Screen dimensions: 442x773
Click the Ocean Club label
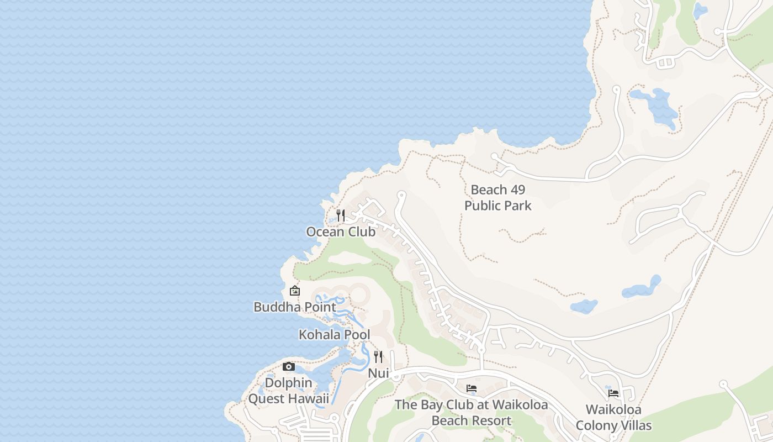point(341,232)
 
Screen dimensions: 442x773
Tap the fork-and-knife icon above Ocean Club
point(341,215)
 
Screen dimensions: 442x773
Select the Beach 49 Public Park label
point(497,198)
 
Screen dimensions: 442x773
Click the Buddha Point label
point(294,307)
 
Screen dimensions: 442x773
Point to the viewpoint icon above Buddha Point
point(295,290)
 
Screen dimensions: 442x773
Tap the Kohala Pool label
point(334,335)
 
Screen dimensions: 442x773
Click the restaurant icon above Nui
point(378,356)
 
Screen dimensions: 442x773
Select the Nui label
point(378,373)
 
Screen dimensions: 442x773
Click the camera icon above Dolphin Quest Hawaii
point(288,366)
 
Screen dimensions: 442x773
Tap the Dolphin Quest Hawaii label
point(288,391)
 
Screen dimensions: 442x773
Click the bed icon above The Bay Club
point(472,388)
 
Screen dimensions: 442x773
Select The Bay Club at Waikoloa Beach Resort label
point(472,413)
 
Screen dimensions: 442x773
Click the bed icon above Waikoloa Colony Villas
point(613,393)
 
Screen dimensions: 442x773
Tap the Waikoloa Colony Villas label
point(613,418)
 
